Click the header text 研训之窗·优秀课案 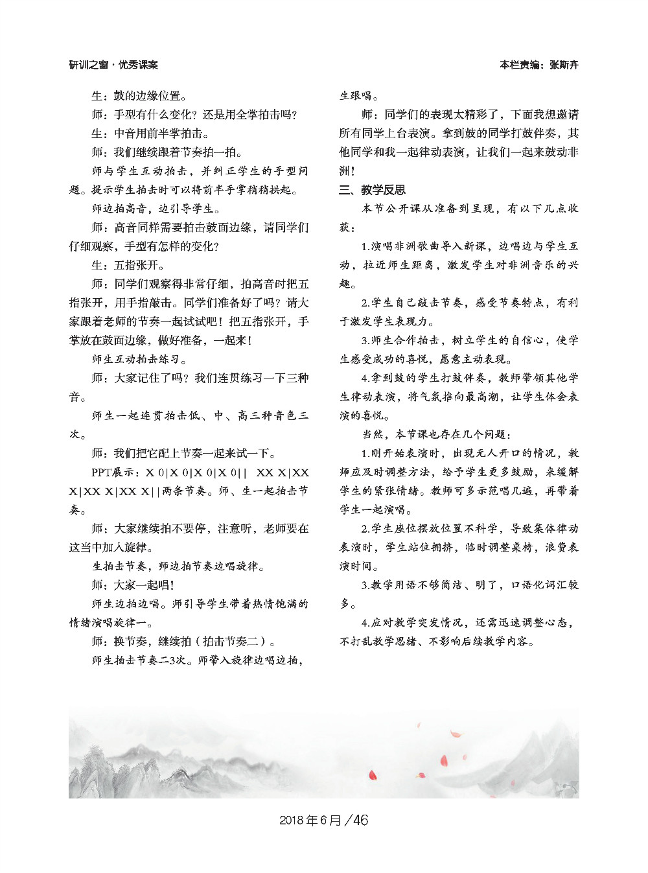point(113,65)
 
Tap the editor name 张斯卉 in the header point(564,65)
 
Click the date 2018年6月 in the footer point(310,820)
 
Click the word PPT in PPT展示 point(102,472)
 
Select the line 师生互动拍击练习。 point(139,359)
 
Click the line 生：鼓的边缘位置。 point(139,96)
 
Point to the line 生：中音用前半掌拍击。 point(150,134)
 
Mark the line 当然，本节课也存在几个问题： point(437,434)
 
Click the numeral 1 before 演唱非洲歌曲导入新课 point(365,246)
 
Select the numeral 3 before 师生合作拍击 point(365,340)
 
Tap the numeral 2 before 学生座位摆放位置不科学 point(365,528)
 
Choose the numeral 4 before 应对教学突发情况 point(365,622)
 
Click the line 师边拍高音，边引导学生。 point(156,209)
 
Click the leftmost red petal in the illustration point(373,774)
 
